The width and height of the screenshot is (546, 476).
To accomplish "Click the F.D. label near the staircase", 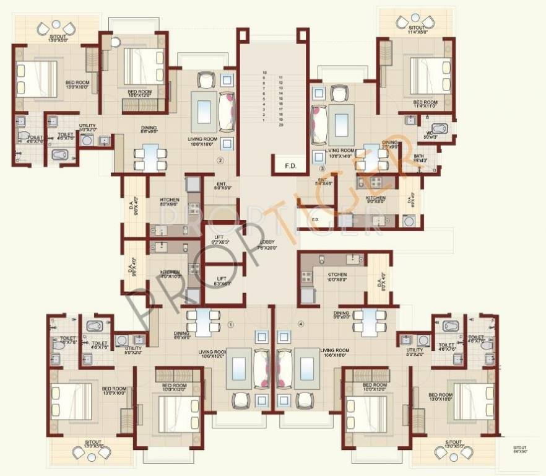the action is click(290, 166).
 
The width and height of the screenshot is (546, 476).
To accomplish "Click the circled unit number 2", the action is click(219, 160).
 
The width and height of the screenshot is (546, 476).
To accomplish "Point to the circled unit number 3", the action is click(322, 167).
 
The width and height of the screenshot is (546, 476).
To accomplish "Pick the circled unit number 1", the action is click(231, 324).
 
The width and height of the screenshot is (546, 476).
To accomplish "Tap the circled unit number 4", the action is click(301, 324).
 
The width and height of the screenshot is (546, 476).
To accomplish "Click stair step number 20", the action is click(281, 125).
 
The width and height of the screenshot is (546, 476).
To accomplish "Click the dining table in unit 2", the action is click(151, 157).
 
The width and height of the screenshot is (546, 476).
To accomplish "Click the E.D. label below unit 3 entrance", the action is click(314, 219).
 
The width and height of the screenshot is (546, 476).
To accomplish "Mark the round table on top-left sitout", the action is click(56, 25).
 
